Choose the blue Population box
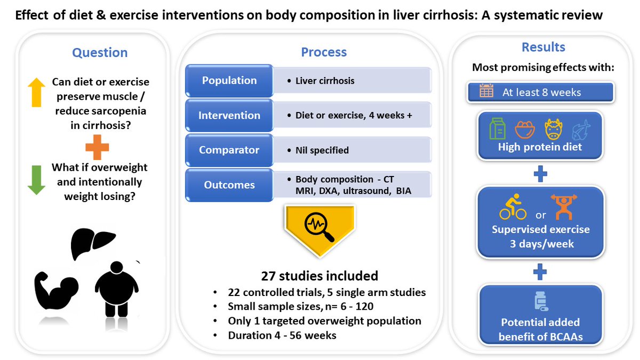tap(229, 81)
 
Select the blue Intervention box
tap(229, 116)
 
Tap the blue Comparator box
tap(229, 150)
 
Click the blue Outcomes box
tap(229, 185)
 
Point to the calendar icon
tap(486, 91)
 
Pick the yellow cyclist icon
tap(513, 208)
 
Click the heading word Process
tap(324, 52)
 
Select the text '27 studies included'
tap(319, 276)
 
